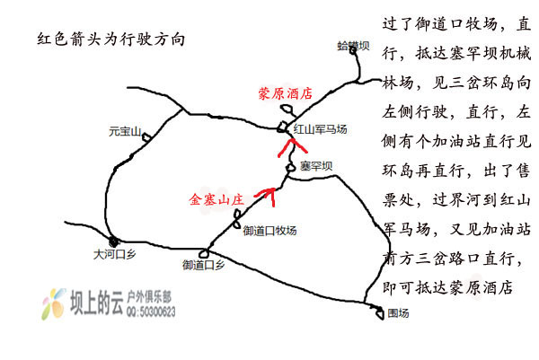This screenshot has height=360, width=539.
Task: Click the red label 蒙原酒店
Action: [286, 93]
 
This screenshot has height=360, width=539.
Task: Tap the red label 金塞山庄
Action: [216, 199]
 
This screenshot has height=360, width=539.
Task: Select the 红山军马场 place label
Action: [320, 129]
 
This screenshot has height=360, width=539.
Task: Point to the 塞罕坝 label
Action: [316, 166]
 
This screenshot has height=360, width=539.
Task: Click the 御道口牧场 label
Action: [269, 231]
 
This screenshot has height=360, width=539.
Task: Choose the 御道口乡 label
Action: [204, 265]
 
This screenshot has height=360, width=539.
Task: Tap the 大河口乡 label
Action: [114, 255]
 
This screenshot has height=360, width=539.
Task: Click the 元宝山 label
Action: [125, 132]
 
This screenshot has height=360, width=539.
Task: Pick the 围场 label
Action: [398, 313]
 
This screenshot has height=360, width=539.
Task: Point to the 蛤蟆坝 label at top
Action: [353, 46]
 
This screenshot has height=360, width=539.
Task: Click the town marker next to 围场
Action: [379, 312]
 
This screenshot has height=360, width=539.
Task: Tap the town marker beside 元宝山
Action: [146, 137]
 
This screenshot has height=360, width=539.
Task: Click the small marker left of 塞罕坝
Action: [291, 168]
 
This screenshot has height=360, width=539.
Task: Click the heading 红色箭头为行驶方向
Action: [111, 40]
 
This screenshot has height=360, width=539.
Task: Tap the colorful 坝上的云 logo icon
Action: [54, 304]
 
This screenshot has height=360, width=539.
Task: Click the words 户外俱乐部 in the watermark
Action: [149, 297]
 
